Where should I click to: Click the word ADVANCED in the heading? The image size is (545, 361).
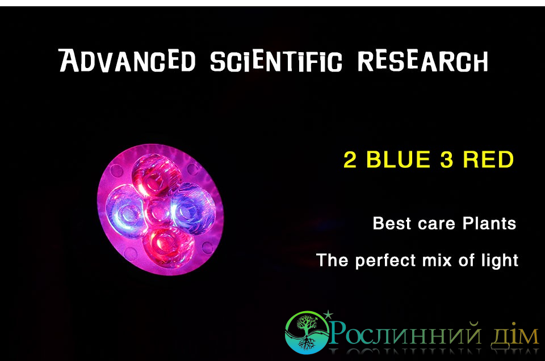127,61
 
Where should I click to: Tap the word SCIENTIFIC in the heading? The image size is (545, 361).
276,61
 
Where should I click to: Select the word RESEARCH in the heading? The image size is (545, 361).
423,61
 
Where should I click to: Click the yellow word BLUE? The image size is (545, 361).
399,160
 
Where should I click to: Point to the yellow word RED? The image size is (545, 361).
488,160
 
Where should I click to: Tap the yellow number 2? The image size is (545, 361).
350,160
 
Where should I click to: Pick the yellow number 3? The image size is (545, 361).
447,160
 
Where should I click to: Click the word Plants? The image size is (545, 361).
489,223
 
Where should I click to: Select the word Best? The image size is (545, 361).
392,223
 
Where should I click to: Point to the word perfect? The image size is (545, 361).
385,261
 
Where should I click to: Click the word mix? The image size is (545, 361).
437,260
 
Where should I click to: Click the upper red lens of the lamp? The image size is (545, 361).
156,175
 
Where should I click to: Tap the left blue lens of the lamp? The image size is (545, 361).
125,212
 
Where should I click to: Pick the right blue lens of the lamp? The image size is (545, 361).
192,208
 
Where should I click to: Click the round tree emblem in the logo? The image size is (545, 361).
307,332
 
